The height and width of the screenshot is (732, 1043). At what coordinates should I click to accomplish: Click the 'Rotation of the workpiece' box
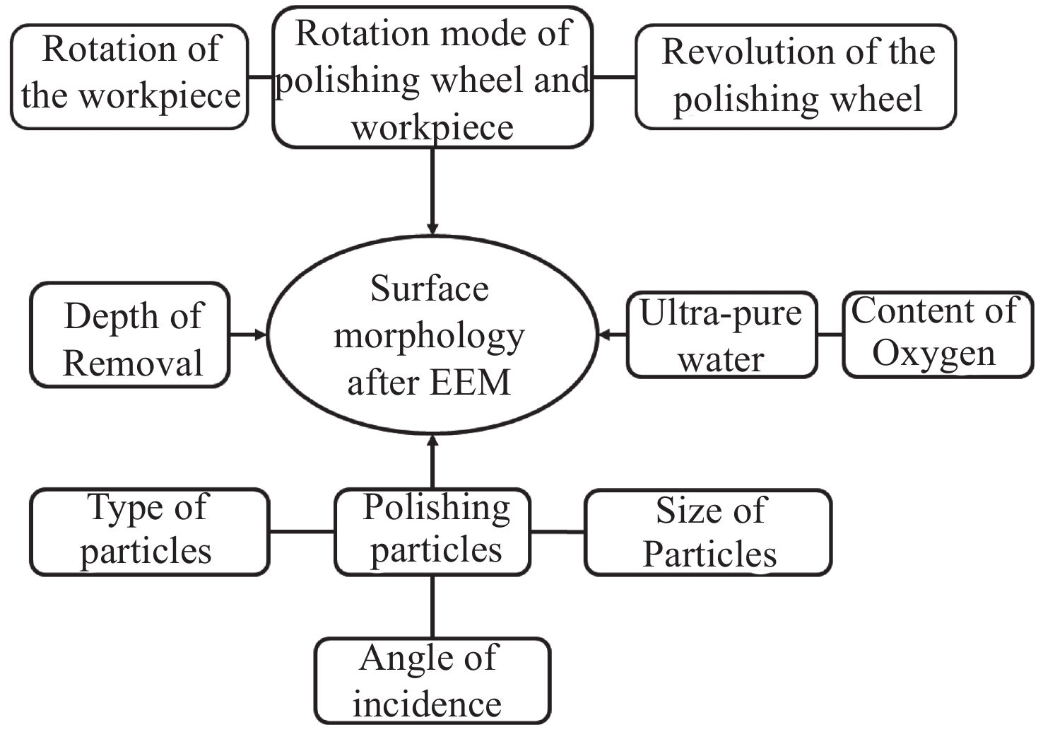click(130, 76)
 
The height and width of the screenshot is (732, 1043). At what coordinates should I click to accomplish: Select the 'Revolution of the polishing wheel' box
click(796, 77)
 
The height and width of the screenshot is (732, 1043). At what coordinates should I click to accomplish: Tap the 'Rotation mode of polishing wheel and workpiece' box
click(432, 78)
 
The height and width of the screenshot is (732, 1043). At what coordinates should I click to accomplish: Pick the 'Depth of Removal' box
click(130, 335)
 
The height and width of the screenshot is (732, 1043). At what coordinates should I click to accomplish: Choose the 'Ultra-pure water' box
click(721, 335)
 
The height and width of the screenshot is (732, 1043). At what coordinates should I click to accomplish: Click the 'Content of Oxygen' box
click(937, 335)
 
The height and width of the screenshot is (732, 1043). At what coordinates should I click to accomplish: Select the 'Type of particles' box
click(149, 531)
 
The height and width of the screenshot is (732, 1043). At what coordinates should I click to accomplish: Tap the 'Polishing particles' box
click(432, 531)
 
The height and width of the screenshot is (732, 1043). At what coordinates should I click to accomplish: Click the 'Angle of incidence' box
click(432, 680)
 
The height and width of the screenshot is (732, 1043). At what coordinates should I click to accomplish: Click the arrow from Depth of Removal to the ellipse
click(248, 335)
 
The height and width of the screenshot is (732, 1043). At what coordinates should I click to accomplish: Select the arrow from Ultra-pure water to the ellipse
click(612, 335)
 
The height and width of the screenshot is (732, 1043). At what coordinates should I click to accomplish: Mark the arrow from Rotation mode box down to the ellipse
click(432, 191)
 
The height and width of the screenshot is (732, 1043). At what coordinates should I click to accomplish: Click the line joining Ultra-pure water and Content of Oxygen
click(830, 335)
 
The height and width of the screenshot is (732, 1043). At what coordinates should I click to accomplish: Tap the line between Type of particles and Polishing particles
click(302, 531)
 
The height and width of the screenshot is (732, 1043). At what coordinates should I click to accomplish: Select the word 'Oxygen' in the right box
click(933, 354)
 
